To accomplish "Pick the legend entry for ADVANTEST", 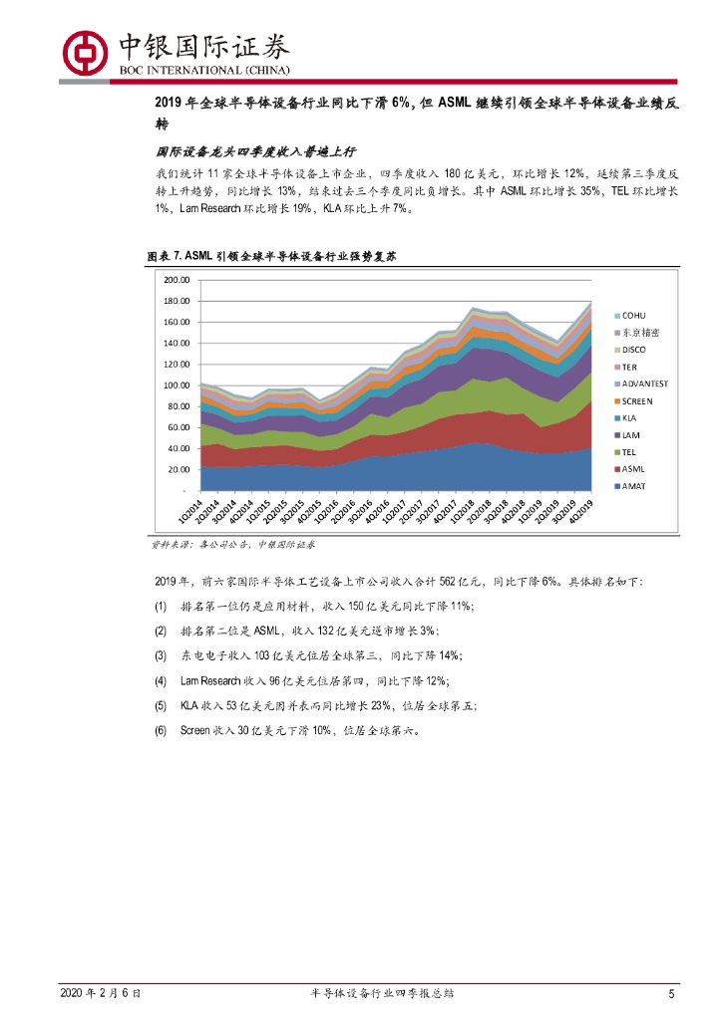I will click(644, 382).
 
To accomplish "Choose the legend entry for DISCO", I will click(634, 349).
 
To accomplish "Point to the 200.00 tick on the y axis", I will click(177, 280).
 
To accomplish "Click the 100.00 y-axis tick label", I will click(177, 385).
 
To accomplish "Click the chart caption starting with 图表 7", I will click(272, 256).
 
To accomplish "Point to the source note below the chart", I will click(234, 545).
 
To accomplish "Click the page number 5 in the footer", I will click(672, 993).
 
